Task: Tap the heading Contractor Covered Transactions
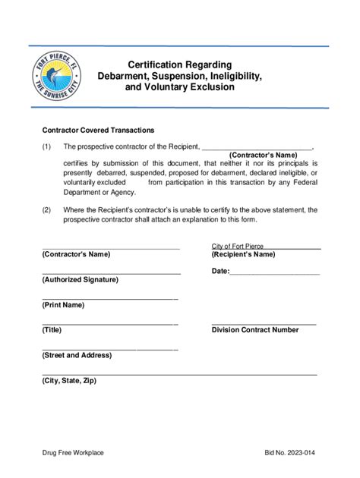[98, 130]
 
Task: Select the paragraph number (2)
[47, 209]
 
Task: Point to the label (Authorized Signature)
[81, 279]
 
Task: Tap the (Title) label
[52, 330]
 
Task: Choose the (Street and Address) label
[77, 355]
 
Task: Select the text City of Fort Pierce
[237, 246]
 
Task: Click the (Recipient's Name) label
[243, 255]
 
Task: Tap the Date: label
[220, 271]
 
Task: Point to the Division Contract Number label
[254, 330]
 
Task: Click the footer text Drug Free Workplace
[73, 453]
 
